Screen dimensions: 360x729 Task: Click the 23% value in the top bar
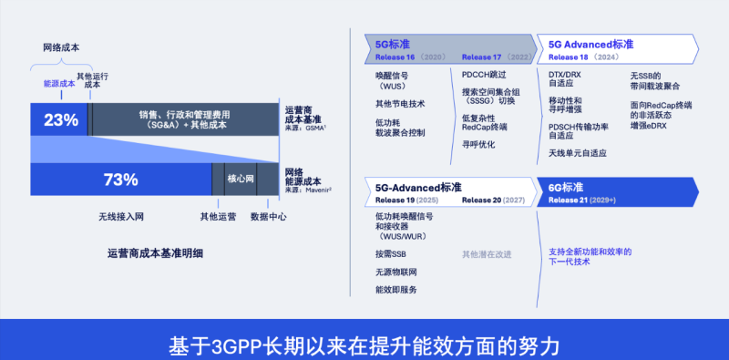(x=60, y=120)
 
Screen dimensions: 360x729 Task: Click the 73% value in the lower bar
(x=120, y=180)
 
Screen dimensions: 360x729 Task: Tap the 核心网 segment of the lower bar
(x=241, y=180)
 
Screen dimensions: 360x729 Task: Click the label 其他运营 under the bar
(x=218, y=217)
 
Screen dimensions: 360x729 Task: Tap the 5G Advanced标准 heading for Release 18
(x=590, y=44)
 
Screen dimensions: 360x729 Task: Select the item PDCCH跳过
(x=484, y=75)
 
